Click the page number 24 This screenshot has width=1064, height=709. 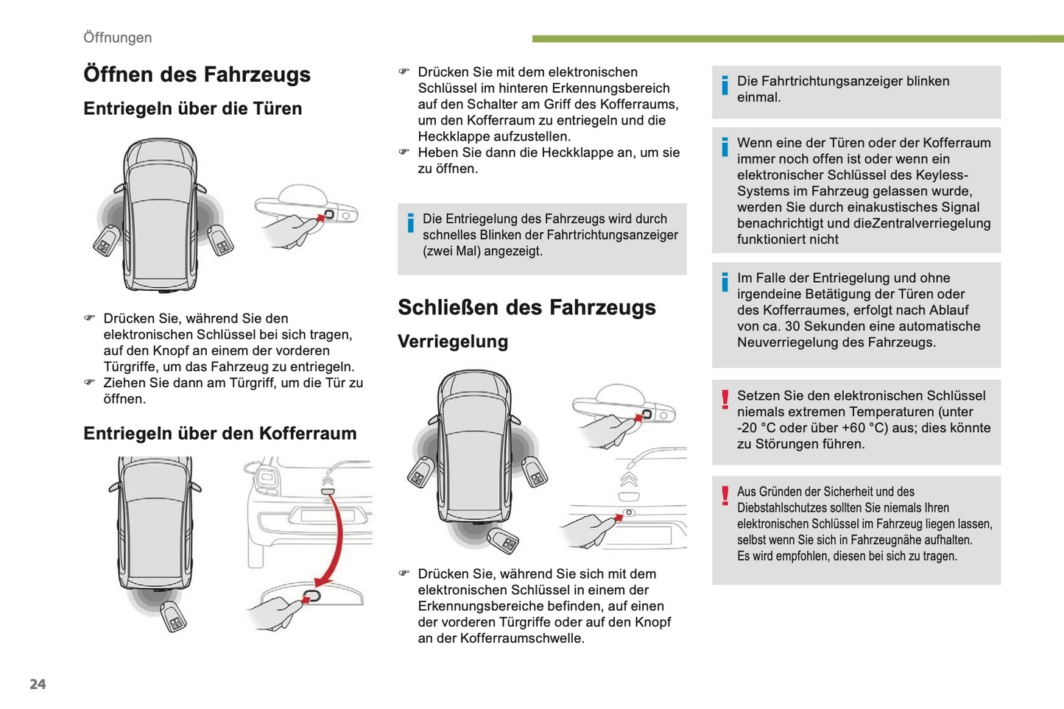coord(38,684)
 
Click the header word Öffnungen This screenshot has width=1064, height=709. coord(117,38)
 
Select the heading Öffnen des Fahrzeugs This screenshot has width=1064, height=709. coord(197,74)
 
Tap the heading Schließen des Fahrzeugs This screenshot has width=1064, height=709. coord(526,307)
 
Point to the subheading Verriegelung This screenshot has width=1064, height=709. coord(453,342)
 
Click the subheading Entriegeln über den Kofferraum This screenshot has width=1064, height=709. coord(219,433)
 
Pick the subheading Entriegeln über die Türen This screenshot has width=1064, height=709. coord(192,108)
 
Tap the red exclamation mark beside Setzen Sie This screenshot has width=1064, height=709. coord(725,399)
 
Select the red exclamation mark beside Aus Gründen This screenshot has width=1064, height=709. coord(725,495)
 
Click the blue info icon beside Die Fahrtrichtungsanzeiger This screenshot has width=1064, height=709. coord(725,85)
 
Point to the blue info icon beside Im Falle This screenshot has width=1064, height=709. coord(725,282)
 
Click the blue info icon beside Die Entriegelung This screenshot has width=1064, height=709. coord(410,222)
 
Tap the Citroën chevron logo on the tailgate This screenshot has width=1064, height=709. coord(628,480)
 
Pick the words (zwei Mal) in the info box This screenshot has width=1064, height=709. coord(453,251)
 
